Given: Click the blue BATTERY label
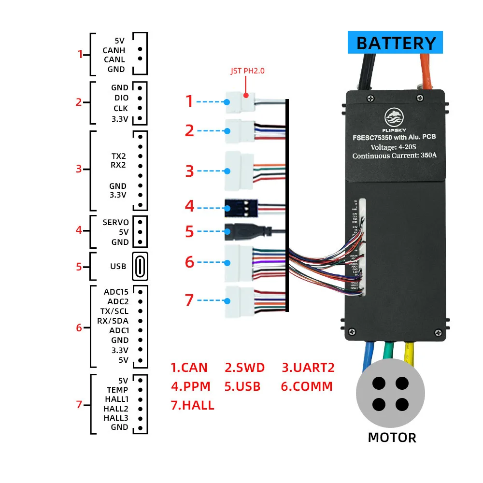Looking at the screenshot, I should tap(395, 43).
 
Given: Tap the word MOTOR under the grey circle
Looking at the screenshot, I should tap(392, 438).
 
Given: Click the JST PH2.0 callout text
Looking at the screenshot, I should tap(248, 71).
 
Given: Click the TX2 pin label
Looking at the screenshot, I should tap(118, 156).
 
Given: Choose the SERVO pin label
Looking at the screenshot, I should tap(115, 222).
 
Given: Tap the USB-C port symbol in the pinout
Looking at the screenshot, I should tap(140, 266).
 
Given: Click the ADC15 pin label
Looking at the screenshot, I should tap(116, 292).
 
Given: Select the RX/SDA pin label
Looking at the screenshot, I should tap(114, 321).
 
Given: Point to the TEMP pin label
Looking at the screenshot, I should tap(117, 390).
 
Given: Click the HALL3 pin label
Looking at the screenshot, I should tap(116, 418).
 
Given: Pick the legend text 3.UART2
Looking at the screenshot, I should tap(308, 368).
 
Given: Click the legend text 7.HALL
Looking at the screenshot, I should tap(192, 405).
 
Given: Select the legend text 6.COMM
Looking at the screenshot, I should tap(307, 386).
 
